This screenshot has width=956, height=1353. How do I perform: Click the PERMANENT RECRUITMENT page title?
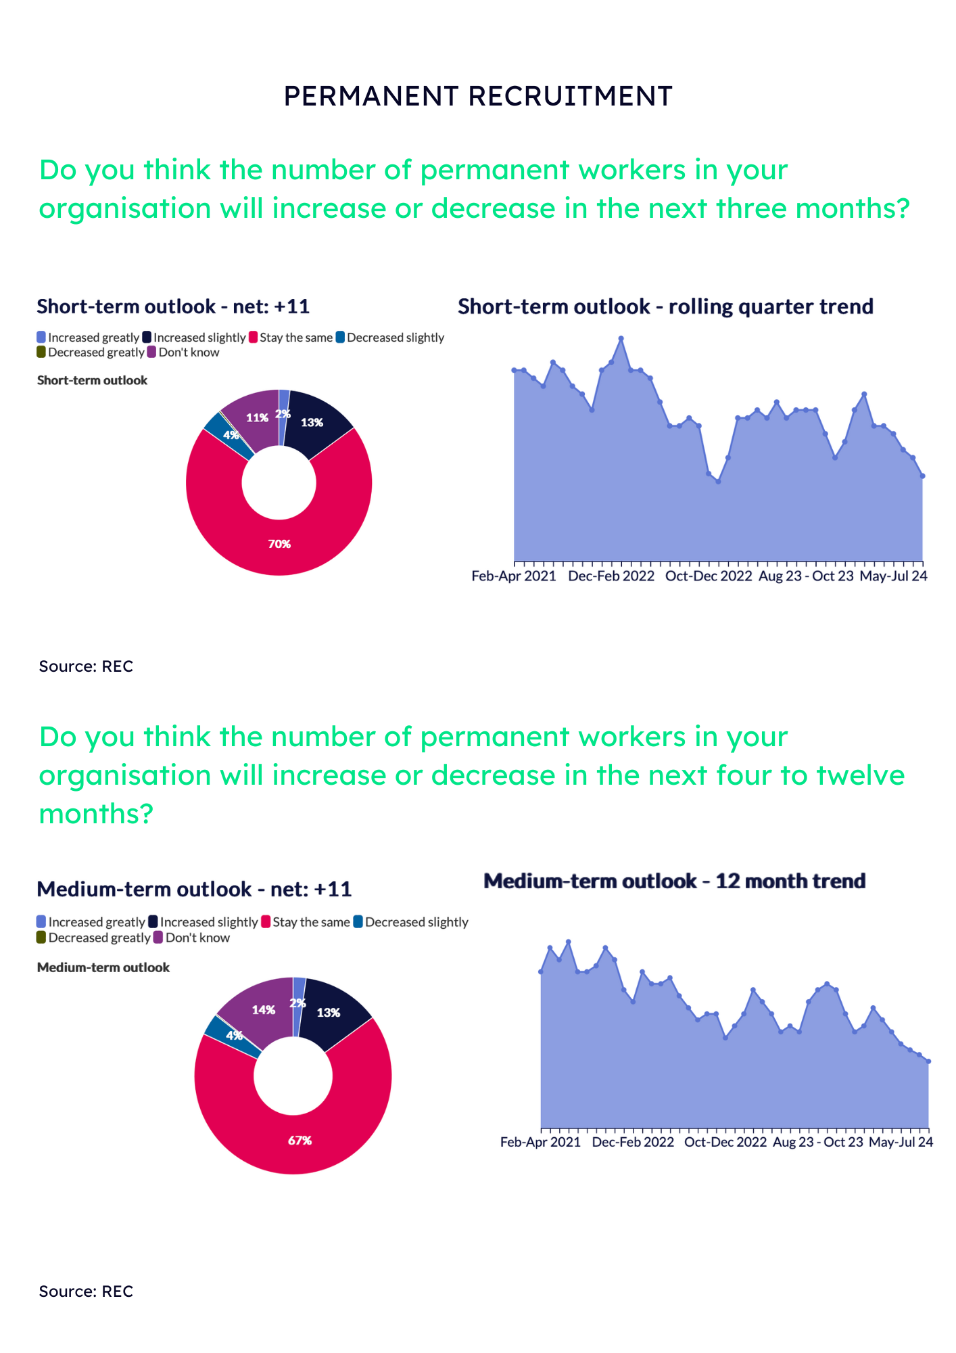pyautogui.click(x=478, y=96)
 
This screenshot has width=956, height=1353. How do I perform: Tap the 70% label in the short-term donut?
pyautogui.click(x=279, y=544)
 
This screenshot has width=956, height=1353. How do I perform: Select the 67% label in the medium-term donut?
pyautogui.click(x=300, y=1141)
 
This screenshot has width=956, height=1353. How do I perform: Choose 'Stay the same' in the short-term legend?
pyautogui.click(x=295, y=338)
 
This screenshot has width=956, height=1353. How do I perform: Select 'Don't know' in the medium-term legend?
pyautogui.click(x=197, y=938)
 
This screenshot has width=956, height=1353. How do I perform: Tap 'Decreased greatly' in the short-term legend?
pyautogui.click(x=95, y=352)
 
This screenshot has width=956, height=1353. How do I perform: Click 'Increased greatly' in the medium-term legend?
pyautogui.click(x=96, y=922)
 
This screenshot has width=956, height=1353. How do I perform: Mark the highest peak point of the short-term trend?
pyautogui.click(x=621, y=338)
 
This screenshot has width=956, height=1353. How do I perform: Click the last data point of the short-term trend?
pyautogui.click(x=922, y=476)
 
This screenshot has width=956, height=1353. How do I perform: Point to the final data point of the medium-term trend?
pyautogui.click(x=928, y=1061)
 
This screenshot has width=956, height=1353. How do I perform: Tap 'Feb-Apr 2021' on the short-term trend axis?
pyautogui.click(x=514, y=576)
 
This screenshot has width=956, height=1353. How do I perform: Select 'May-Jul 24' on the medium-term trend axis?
pyautogui.click(x=901, y=1142)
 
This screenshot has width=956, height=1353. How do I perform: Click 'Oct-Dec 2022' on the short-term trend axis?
pyautogui.click(x=709, y=576)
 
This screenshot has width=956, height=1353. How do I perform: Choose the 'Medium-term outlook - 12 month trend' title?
pyautogui.click(x=675, y=881)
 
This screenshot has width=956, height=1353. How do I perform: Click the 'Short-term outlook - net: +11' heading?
pyautogui.click(x=173, y=306)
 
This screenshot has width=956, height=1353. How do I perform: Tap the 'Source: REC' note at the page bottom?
pyautogui.click(x=86, y=1291)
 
